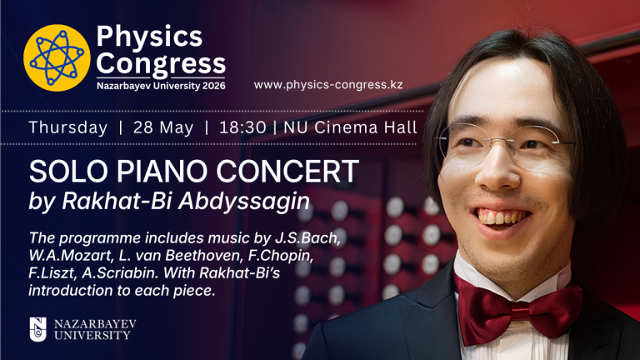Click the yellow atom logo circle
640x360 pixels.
(57, 57)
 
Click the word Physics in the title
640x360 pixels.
(149, 37)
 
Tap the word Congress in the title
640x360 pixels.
(161, 64)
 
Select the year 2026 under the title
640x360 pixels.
(213, 86)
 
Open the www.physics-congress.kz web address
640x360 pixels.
(328, 85)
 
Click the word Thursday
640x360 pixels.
(68, 127)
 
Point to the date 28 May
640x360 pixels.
(163, 128)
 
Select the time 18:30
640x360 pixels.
(242, 127)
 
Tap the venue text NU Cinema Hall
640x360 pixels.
(350, 127)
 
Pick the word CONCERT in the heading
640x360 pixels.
(287, 172)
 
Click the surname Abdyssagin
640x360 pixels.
(244, 201)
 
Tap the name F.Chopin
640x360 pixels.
(280, 257)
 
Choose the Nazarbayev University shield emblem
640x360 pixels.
(37, 329)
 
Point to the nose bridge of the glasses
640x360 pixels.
(502, 140)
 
